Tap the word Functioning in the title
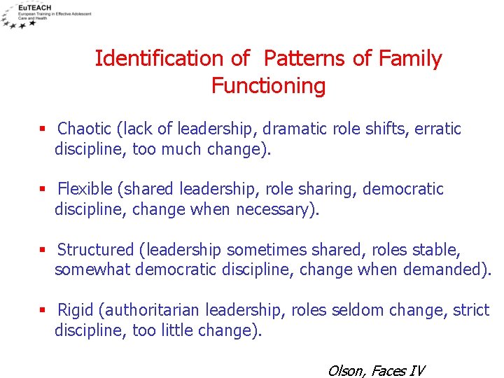click(268, 86)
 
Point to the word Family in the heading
click(411, 59)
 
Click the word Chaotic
click(84, 129)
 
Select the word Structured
click(95, 250)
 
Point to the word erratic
click(437, 129)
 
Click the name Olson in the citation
click(344, 370)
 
